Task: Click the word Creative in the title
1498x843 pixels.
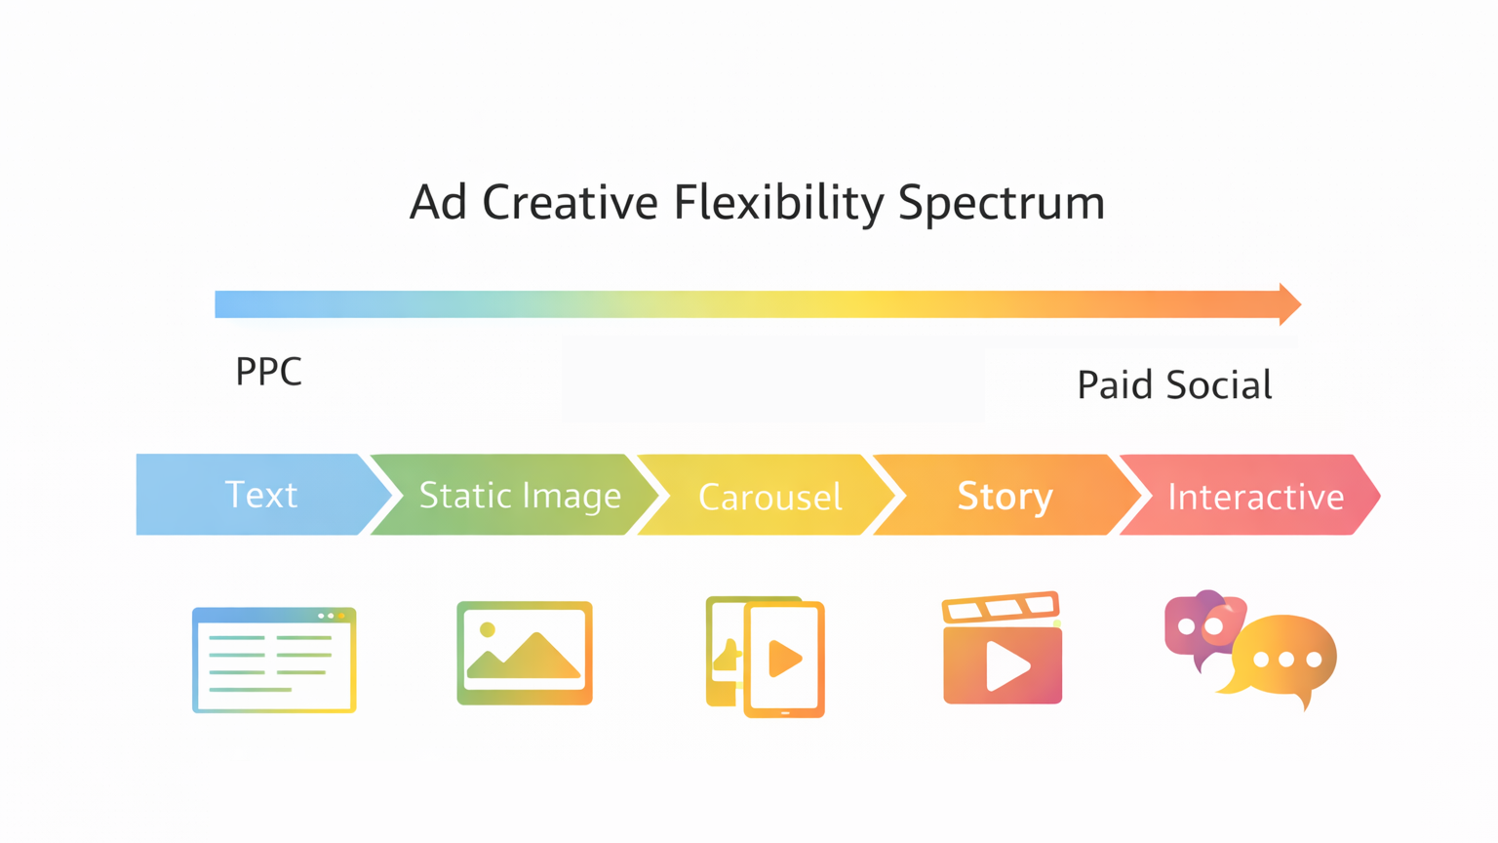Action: pos(570,203)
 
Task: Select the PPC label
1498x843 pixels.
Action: pos(268,372)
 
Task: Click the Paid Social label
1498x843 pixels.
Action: pos(1174,385)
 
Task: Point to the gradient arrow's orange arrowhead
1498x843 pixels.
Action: pos(1289,304)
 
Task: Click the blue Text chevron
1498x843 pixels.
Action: pos(260,495)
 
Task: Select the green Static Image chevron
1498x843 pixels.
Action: pos(519,496)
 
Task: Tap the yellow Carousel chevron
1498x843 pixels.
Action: pos(769,497)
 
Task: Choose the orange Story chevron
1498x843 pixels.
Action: pos(1005,497)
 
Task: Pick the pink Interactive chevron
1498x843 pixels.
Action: pos(1255,497)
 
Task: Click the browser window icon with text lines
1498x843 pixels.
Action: pos(274,661)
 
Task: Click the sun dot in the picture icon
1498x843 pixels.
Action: pos(488,630)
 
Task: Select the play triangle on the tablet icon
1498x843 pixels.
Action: pos(784,659)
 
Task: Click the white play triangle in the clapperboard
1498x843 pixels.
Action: pos(1006,666)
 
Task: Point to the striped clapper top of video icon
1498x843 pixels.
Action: pos(1001,607)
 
